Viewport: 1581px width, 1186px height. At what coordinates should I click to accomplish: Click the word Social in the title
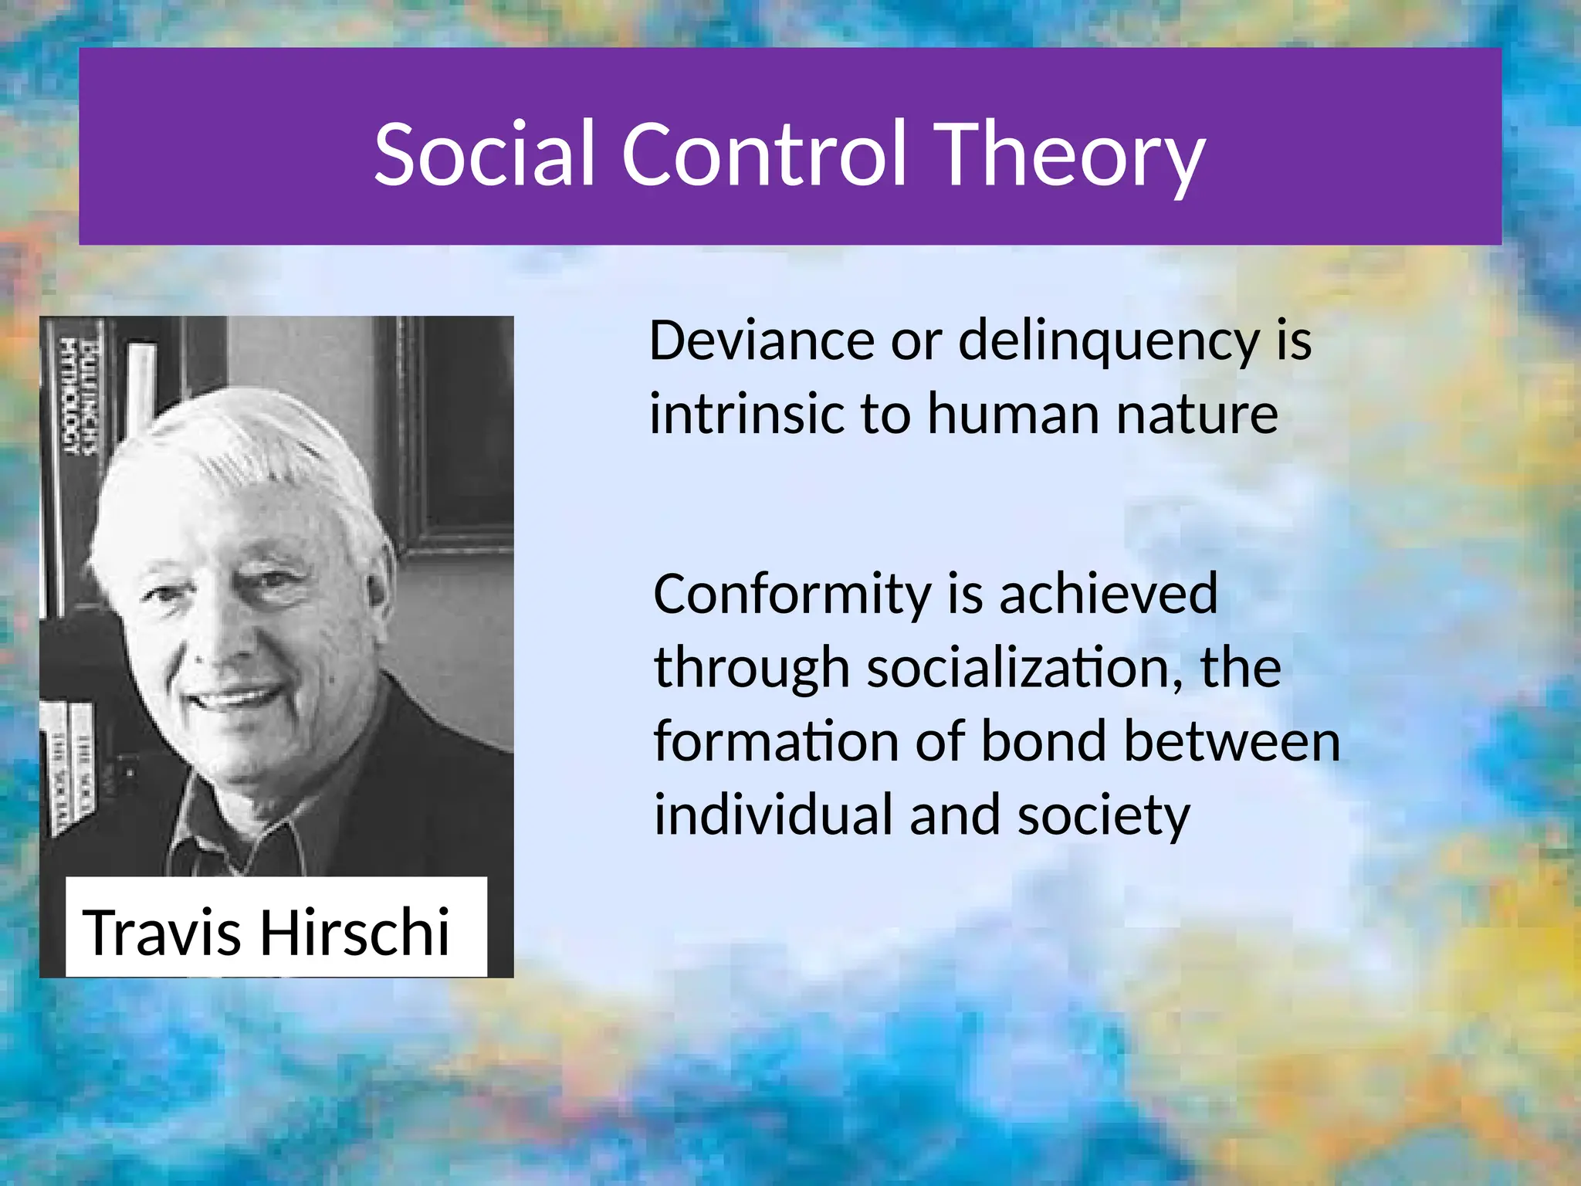coord(484,154)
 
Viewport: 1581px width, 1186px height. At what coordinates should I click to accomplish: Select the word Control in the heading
coord(763,154)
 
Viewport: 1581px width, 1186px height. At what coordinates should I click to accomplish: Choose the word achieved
coord(1108,595)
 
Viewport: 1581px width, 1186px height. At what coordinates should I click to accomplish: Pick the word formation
coord(776,742)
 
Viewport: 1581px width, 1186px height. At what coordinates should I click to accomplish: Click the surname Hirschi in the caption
coord(354,933)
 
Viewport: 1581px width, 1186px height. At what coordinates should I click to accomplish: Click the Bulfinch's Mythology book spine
coord(78,394)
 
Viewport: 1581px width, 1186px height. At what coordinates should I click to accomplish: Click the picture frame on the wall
coord(455,432)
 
